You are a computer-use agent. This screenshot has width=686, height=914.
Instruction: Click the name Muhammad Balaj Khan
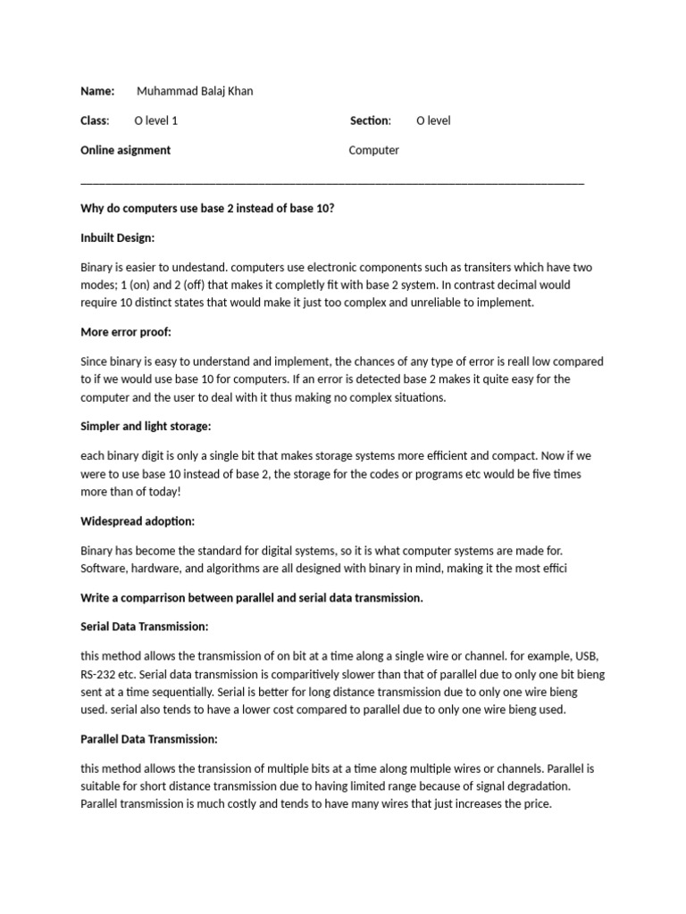[195, 91]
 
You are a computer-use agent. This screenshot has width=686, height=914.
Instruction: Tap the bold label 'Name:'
[97, 91]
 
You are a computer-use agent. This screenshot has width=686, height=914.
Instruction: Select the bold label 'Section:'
[370, 120]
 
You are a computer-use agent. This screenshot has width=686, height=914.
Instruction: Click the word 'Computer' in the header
[373, 150]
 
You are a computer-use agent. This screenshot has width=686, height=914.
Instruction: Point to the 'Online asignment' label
[125, 150]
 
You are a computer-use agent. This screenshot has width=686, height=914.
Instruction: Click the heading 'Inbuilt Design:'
[117, 238]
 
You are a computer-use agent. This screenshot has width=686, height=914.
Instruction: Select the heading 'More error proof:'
[125, 332]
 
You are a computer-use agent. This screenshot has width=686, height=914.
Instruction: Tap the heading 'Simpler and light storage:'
[146, 427]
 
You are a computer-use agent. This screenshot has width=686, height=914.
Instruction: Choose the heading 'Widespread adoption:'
[138, 521]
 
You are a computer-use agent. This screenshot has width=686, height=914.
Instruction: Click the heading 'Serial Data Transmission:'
[144, 627]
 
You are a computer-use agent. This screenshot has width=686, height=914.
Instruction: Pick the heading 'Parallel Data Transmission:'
[149, 739]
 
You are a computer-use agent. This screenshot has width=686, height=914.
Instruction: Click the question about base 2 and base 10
[207, 209]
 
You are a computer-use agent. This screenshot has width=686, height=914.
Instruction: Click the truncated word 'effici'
[552, 569]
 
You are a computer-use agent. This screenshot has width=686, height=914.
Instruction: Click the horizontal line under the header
[332, 182]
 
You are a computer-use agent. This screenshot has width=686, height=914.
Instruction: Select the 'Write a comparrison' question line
[251, 598]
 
